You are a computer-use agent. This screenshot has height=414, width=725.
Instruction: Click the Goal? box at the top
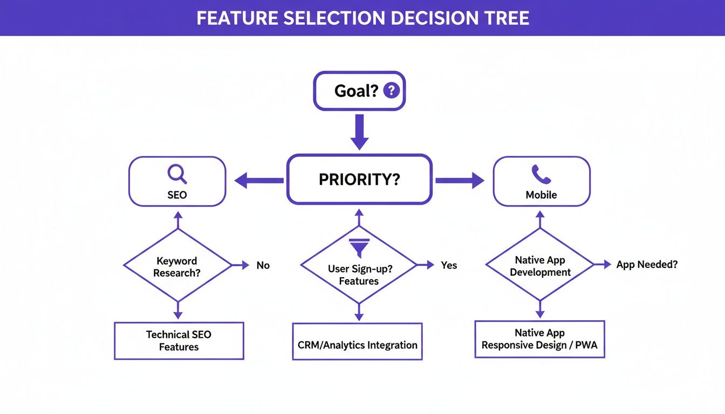[359, 91]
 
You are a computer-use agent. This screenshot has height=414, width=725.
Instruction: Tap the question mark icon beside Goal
[391, 90]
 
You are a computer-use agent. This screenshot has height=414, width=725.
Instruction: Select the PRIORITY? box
[359, 180]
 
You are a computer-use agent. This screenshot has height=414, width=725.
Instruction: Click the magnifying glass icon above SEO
[177, 174]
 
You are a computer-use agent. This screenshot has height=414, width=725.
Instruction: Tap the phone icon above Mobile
[541, 174]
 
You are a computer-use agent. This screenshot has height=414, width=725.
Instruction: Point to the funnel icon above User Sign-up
[359, 247]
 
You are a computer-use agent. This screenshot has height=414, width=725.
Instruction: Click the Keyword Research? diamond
[177, 266]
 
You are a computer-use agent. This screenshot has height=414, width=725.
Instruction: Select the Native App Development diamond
[540, 266]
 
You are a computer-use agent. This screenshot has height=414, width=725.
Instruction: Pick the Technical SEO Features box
[179, 341]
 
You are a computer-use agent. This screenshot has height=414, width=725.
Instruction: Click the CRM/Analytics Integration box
[357, 345]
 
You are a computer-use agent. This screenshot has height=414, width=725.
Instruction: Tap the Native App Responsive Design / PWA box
[539, 339]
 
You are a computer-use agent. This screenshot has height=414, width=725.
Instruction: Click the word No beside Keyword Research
[263, 265]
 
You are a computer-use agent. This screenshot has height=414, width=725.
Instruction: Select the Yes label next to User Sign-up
[448, 265]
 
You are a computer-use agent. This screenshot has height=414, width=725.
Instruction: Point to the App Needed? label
[647, 264]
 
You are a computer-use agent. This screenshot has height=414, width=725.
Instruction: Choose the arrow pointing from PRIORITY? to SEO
[259, 181]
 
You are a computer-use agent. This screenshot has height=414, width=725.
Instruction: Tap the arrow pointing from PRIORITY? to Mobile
[460, 181]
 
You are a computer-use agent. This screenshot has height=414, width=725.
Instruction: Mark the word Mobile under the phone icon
[541, 195]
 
